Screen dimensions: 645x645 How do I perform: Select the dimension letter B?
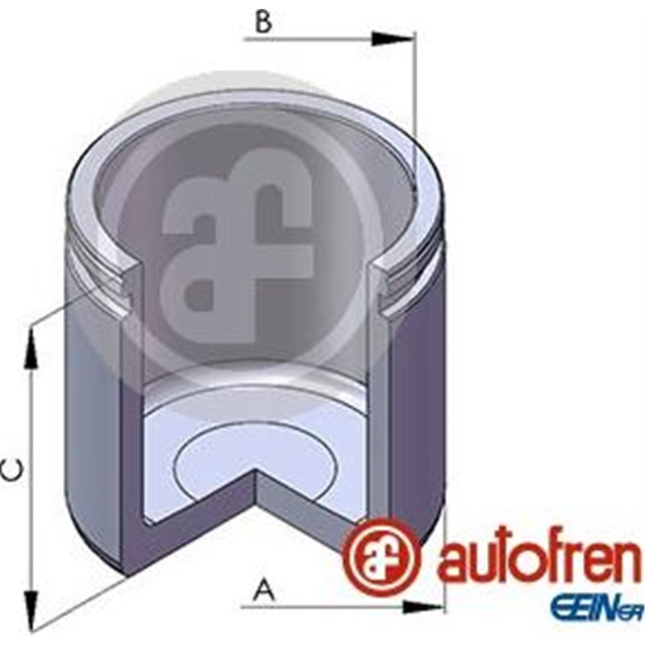(x=264, y=22)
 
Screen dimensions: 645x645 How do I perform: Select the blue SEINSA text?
(x=596, y=606)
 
